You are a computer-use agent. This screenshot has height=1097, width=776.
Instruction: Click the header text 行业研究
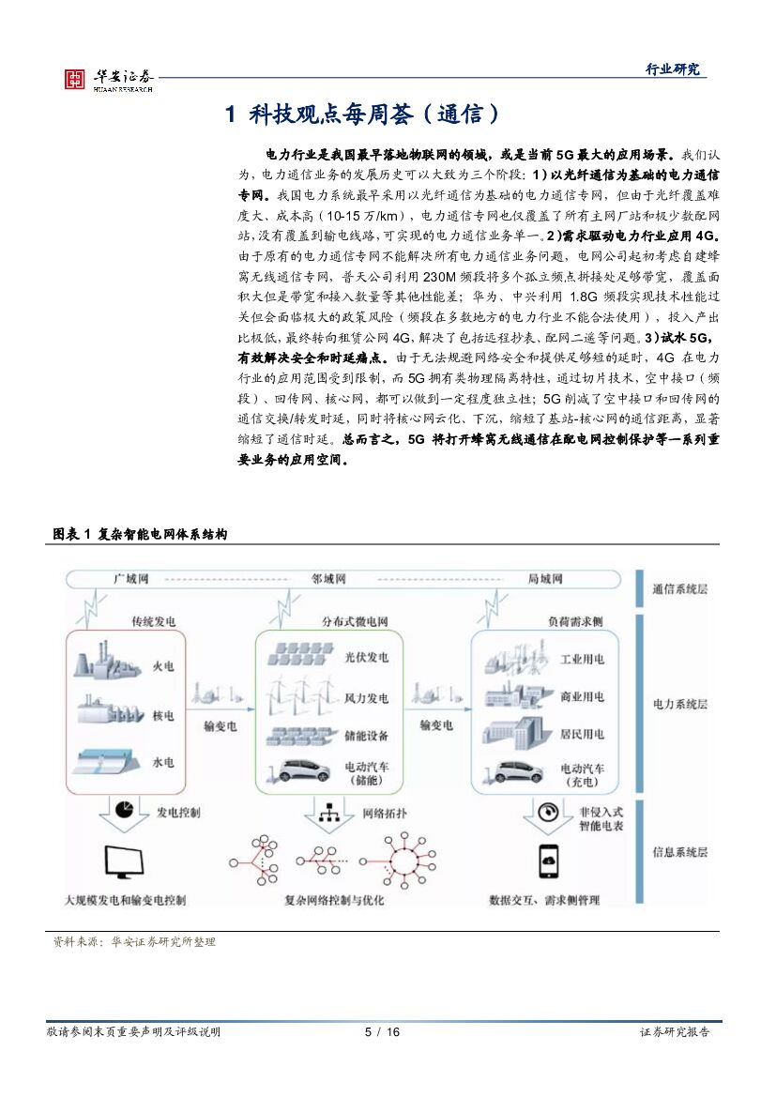point(673,69)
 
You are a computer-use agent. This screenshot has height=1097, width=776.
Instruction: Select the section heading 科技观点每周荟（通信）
point(364,115)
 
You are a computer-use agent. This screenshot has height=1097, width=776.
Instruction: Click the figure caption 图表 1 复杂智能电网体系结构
point(140,534)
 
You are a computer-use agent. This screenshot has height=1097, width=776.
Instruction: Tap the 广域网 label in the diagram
point(130,580)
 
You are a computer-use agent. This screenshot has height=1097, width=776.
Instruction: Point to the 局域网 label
point(545,580)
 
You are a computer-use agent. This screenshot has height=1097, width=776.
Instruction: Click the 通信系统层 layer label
point(679,588)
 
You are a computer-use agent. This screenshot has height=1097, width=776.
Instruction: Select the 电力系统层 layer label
point(679,704)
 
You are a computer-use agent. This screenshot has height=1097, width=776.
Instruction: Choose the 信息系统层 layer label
point(679,852)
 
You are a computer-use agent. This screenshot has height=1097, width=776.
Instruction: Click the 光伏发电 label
point(366,658)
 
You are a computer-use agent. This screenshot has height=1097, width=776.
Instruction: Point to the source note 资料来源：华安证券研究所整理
point(134,941)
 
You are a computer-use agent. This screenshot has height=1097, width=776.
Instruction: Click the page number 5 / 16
point(382,1032)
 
